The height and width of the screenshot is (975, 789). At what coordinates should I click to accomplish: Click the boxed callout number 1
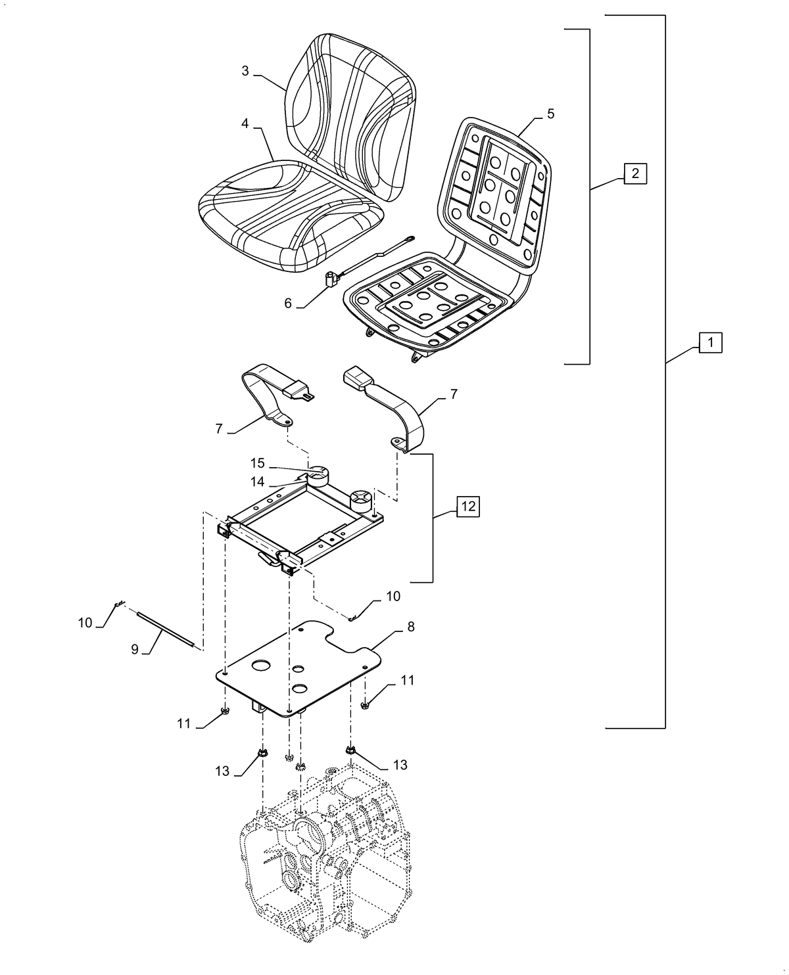click(710, 342)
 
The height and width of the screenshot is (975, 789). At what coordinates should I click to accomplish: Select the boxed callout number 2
click(635, 173)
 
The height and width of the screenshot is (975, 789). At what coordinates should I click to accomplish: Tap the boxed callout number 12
click(467, 507)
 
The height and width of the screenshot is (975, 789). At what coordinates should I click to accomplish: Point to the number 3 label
click(245, 71)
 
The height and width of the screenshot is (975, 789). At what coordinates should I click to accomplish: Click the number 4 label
click(245, 123)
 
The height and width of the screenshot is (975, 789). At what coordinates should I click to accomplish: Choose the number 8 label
click(411, 627)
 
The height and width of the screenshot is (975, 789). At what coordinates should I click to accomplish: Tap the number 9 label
click(135, 649)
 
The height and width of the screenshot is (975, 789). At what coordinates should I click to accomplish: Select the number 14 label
click(258, 482)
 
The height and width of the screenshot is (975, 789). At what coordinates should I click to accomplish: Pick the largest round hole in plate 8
click(260, 666)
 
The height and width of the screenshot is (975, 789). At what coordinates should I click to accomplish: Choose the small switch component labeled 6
click(331, 279)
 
